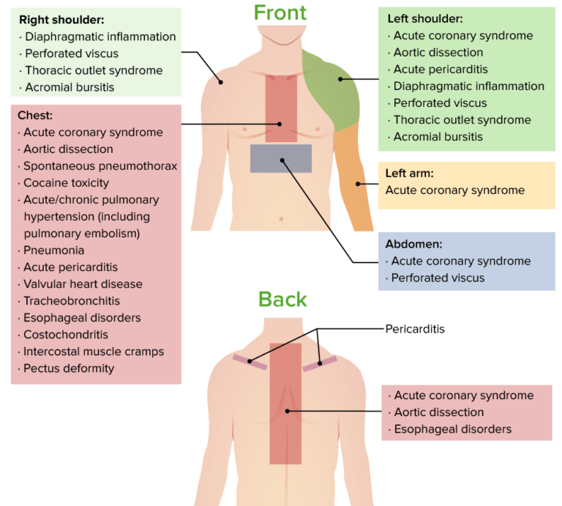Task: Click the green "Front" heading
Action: (280, 12)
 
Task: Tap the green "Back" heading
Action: (282, 299)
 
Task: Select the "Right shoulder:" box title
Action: (61, 20)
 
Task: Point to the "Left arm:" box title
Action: (409, 174)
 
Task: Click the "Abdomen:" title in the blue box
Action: (413, 244)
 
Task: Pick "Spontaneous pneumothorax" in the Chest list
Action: (100, 166)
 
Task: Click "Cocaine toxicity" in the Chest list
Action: (66, 183)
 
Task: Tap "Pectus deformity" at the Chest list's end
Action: (69, 368)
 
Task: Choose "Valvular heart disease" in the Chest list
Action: (83, 284)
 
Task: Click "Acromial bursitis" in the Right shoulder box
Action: (70, 87)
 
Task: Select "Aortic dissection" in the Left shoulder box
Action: (438, 53)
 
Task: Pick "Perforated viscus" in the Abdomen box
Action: (438, 278)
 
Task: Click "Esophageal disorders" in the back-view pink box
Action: (452, 429)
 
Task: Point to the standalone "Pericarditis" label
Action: (415, 329)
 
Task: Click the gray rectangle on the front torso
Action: (281, 158)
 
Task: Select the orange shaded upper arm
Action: (355, 176)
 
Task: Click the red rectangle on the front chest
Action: (281, 106)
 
